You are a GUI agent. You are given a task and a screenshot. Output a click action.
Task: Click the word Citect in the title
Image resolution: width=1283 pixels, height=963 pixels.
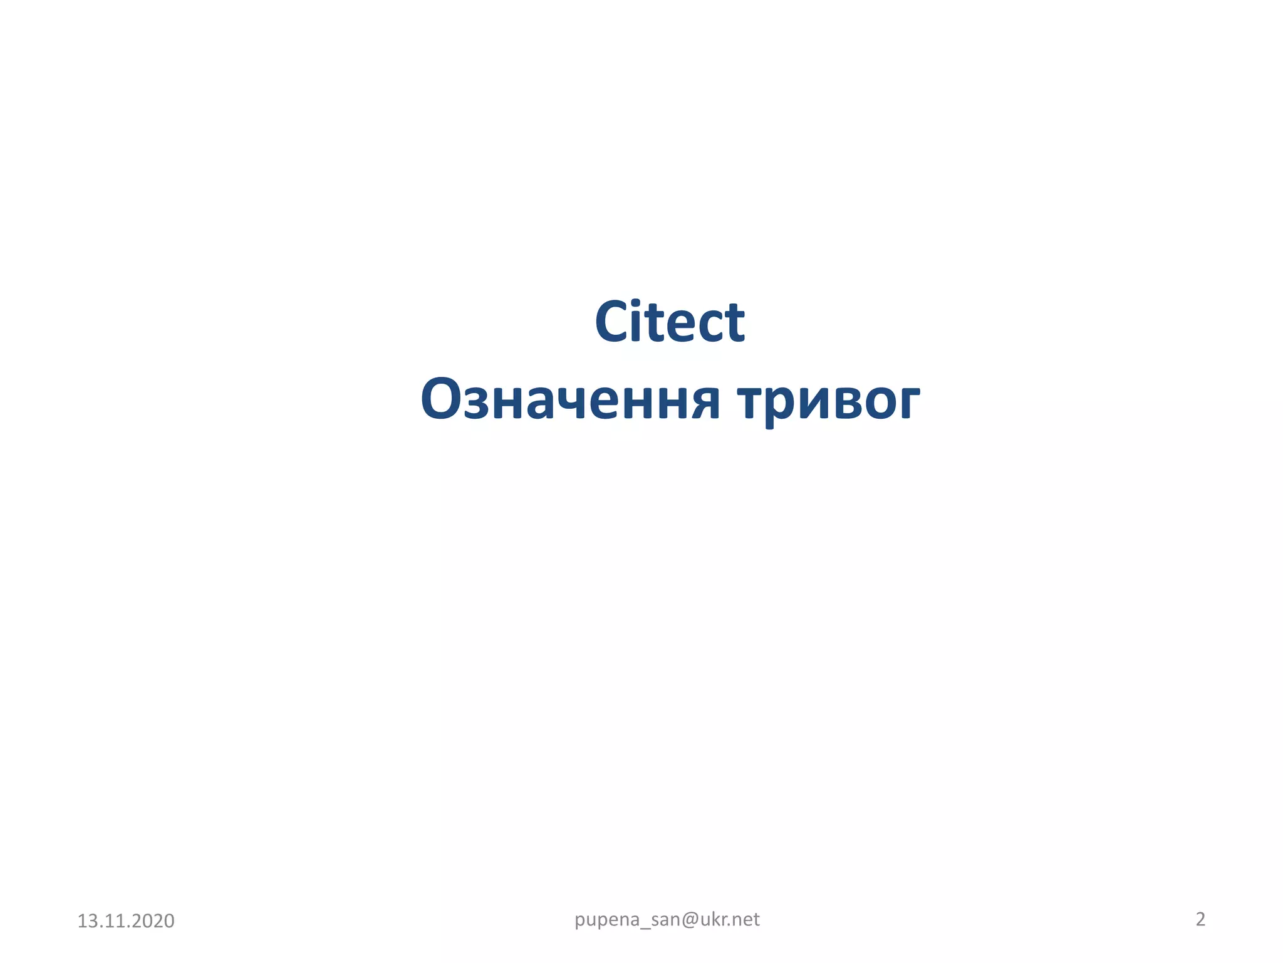pos(669,322)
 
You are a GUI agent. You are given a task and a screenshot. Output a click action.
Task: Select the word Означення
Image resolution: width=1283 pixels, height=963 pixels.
pos(570,400)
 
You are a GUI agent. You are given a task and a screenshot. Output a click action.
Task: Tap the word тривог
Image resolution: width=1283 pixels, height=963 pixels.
pos(828,401)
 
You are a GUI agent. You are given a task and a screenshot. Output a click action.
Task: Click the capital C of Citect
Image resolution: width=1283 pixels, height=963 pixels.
pos(613,322)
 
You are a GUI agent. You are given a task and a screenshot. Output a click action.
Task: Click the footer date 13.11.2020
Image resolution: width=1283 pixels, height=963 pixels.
pos(125,920)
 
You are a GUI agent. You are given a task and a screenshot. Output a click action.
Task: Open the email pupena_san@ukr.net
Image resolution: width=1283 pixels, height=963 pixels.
pos(667,919)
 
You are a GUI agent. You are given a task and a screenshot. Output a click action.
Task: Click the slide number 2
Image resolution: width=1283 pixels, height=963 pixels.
pos(1200,919)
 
